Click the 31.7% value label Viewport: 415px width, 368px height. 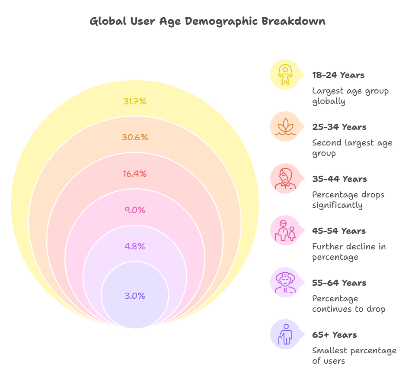135,101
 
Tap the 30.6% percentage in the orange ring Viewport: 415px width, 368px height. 135,137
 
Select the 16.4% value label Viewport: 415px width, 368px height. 135,174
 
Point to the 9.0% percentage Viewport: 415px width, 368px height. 135,210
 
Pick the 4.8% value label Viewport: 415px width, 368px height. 135,246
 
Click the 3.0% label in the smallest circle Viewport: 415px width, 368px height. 135,296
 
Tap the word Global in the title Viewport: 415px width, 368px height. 108,21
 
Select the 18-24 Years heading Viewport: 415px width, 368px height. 338,75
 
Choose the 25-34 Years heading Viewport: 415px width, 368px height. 339,127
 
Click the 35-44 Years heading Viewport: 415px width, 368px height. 340,179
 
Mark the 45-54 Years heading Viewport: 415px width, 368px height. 339,231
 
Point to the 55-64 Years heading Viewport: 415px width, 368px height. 339,283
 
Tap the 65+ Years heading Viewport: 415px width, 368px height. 335,335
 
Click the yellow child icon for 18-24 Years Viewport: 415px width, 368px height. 285,74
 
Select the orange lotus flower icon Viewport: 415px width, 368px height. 285,126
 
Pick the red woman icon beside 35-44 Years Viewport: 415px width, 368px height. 285,178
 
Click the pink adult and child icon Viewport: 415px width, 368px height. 285,230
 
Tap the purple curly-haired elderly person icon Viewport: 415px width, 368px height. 285,282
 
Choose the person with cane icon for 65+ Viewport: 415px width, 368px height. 285,334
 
